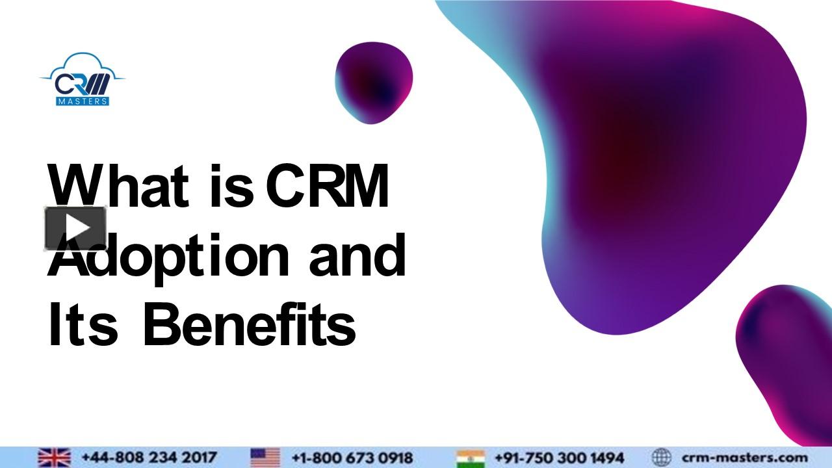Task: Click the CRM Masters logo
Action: pyautogui.click(x=82, y=80)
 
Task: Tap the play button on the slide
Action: pyautogui.click(x=75, y=228)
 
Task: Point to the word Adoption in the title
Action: pyautogui.click(x=169, y=257)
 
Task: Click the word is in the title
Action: pyautogui.click(x=231, y=187)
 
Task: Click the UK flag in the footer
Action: pyautogui.click(x=54, y=458)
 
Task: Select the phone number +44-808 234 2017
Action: pyautogui.click(x=149, y=458)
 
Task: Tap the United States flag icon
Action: pyautogui.click(x=265, y=458)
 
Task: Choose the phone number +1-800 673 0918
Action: pyautogui.click(x=352, y=458)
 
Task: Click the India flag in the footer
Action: pyautogui.click(x=471, y=458)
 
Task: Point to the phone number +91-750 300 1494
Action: pyautogui.click(x=559, y=458)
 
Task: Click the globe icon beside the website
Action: pyautogui.click(x=661, y=458)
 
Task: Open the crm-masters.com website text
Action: pyautogui.click(x=745, y=458)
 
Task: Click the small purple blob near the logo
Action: pyautogui.click(x=374, y=83)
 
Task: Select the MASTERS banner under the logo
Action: pyautogui.click(x=83, y=101)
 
